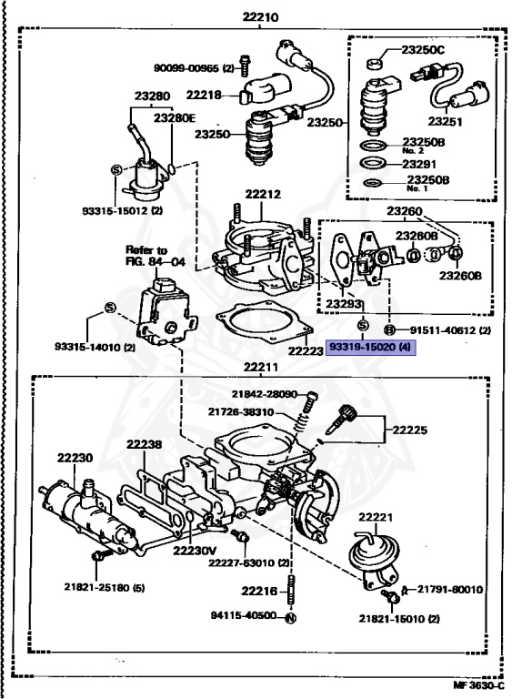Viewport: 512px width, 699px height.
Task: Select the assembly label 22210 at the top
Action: (x=260, y=17)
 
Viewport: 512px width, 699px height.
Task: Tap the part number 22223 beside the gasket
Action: (x=306, y=350)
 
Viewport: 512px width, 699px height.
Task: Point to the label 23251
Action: (x=446, y=121)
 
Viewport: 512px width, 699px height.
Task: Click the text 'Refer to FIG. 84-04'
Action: (x=155, y=256)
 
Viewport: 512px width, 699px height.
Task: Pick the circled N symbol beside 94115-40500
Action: (x=290, y=618)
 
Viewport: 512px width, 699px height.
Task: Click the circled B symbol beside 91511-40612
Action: (x=389, y=330)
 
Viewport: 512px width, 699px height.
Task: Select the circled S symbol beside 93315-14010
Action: (x=110, y=308)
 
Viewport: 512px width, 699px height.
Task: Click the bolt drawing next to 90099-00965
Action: (x=244, y=66)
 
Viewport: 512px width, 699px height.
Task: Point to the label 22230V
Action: (x=195, y=551)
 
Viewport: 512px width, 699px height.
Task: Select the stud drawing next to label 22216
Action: (x=290, y=590)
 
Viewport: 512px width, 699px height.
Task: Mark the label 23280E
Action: (x=175, y=117)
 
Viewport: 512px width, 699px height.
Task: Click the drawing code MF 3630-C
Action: (x=479, y=685)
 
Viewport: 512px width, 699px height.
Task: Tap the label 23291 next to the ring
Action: (x=419, y=164)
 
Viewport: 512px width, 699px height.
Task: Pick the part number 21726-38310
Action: (x=241, y=412)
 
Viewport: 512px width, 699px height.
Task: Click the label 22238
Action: (x=144, y=444)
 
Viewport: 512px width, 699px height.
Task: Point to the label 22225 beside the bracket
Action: (x=409, y=430)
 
